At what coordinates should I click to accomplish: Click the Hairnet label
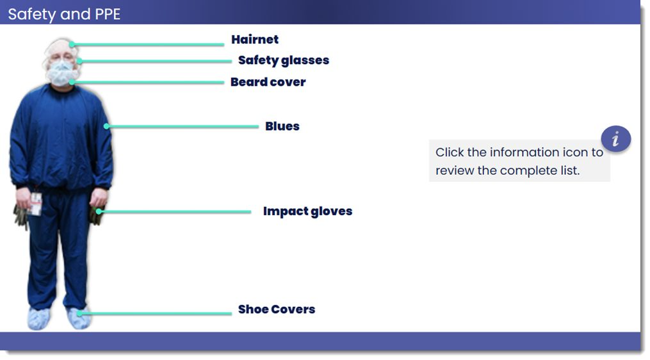pos(254,40)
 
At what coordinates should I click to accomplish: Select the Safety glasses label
pos(284,61)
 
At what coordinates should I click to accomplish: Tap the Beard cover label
pos(268,82)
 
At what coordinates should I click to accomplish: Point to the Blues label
pos(282,126)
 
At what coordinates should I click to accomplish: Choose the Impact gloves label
pos(307,211)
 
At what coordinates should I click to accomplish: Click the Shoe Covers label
pos(277,309)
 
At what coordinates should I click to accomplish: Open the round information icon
pos(616,138)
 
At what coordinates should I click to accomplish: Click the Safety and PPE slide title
pos(64,14)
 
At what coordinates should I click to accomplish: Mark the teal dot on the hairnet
pos(72,44)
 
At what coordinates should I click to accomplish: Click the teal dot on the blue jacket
pos(106,126)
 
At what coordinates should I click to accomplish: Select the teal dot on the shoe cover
pos(78,313)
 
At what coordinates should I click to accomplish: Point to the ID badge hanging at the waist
pos(36,204)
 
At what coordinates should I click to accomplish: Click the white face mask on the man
pos(61,74)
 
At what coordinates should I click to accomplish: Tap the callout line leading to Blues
pos(183,126)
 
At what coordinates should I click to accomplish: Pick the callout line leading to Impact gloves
pos(175,211)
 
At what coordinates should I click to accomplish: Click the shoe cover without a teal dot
pos(39,318)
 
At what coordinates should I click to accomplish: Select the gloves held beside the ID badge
pos(20,217)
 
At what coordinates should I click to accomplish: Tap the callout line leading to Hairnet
pos(148,44)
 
